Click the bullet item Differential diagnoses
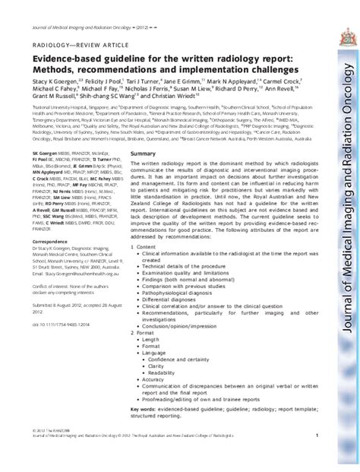point(168,300)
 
